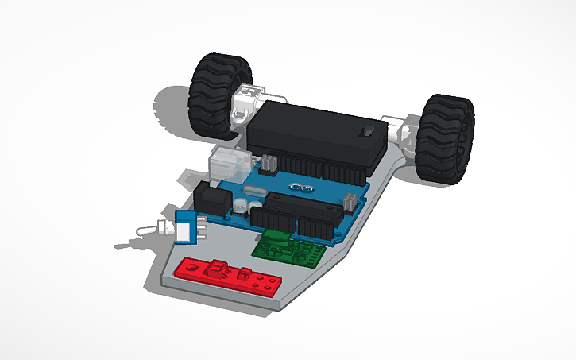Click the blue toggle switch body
coord(185,227)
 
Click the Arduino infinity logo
coord(299,188)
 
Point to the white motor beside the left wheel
coord(247,99)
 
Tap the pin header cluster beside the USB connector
coord(269,165)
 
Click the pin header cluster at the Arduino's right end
coord(349,202)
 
